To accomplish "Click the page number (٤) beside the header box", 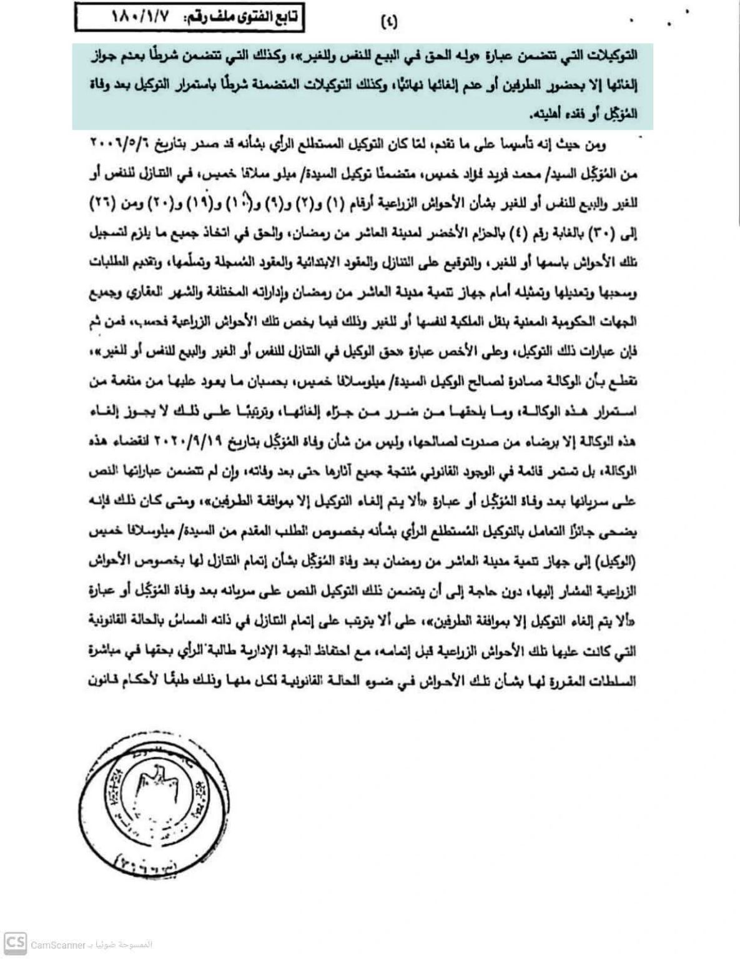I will point(390,23).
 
